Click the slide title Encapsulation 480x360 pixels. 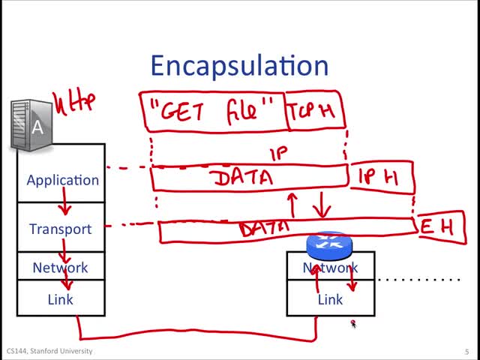click(x=239, y=65)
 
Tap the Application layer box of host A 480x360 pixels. click(x=62, y=180)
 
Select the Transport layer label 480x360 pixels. click(x=60, y=229)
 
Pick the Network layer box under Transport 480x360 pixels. click(x=60, y=268)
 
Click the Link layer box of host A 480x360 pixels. click(x=60, y=299)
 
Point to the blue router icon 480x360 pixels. click(x=328, y=245)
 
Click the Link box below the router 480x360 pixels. click(x=330, y=300)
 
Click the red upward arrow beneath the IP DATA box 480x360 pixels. click(x=292, y=203)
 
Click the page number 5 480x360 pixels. click(x=466, y=351)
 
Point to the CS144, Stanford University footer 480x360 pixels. click(x=49, y=351)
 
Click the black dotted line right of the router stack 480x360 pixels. click(x=418, y=279)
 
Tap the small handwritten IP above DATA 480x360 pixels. click(x=278, y=155)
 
